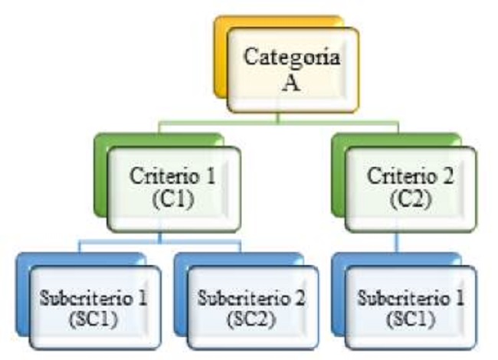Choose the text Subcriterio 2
click(x=252, y=296)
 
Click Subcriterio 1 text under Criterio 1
click(x=93, y=296)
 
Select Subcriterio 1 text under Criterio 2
click(x=410, y=296)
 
